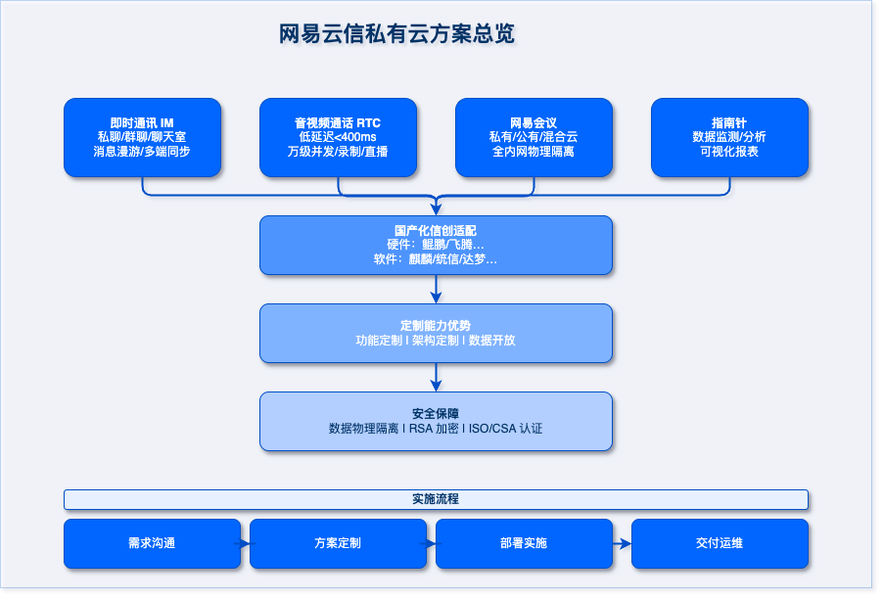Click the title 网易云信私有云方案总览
point(396,34)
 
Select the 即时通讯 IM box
point(142,137)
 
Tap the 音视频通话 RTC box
point(338,137)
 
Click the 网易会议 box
point(534,137)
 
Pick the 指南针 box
point(729,137)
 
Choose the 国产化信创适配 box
point(436,245)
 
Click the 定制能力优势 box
point(436,333)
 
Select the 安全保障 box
point(436,421)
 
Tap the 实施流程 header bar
point(436,499)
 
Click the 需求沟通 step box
point(152,543)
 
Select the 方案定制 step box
point(338,543)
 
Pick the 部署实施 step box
point(524,543)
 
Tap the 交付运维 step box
point(720,543)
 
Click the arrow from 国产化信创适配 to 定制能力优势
point(437,290)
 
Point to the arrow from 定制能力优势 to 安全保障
point(437,378)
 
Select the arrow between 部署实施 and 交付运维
point(622,543)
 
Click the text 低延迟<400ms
point(338,137)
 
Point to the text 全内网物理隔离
point(534,152)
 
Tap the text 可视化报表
point(729,152)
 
